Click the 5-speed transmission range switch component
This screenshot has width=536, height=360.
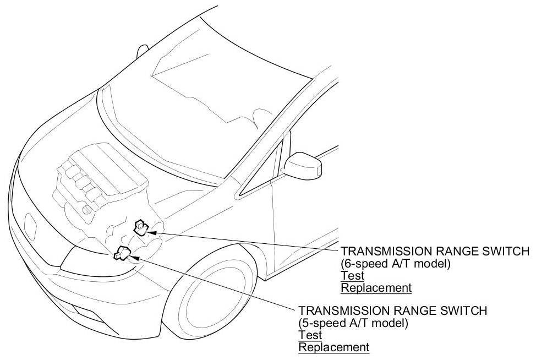(x=122, y=254)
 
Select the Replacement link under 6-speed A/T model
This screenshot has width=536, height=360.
(x=376, y=287)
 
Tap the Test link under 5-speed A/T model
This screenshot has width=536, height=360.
(x=310, y=335)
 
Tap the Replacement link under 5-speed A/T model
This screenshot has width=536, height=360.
(x=333, y=347)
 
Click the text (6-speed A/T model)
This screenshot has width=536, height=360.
(x=396, y=264)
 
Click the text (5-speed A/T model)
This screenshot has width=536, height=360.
(x=353, y=323)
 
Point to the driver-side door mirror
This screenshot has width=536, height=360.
(x=303, y=163)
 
